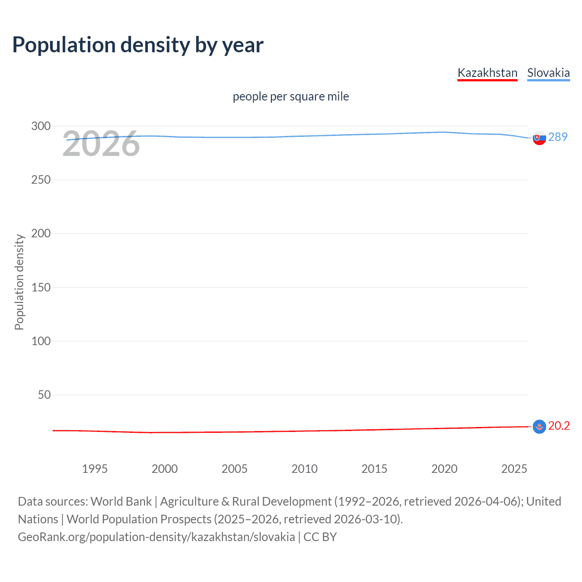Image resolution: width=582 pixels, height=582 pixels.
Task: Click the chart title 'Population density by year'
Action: pyautogui.click(x=138, y=45)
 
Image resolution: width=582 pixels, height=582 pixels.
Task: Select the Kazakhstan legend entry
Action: pyautogui.click(x=487, y=73)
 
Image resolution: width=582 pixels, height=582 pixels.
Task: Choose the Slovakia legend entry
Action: pyautogui.click(x=548, y=73)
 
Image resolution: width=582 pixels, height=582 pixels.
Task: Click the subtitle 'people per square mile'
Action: pyautogui.click(x=291, y=96)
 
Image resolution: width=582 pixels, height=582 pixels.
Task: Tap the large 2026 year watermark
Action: pyautogui.click(x=101, y=144)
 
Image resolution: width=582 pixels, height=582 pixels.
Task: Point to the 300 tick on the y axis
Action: pyautogui.click(x=41, y=126)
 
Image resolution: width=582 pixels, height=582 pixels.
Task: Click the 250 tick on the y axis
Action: pyautogui.click(x=41, y=180)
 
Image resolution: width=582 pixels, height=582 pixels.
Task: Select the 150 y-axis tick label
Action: pyautogui.click(x=41, y=287)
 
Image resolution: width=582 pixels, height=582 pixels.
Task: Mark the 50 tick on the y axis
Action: pyautogui.click(x=44, y=395)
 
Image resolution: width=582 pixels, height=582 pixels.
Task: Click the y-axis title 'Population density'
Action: pyautogui.click(x=19, y=282)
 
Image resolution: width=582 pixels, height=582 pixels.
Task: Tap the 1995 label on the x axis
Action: pyautogui.click(x=95, y=469)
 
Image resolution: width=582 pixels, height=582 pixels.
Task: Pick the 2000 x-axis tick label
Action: pyautogui.click(x=165, y=469)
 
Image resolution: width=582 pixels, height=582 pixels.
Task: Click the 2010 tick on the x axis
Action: pyautogui.click(x=304, y=469)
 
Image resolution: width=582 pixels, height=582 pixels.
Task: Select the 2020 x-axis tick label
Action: pyautogui.click(x=444, y=469)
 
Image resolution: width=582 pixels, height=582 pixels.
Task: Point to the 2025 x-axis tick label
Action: pyautogui.click(x=514, y=469)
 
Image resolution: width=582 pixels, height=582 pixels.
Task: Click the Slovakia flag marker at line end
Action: pyautogui.click(x=539, y=138)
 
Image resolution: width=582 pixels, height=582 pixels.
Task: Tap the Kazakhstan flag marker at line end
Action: pyautogui.click(x=539, y=426)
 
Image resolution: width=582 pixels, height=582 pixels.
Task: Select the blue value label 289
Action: pyautogui.click(x=558, y=137)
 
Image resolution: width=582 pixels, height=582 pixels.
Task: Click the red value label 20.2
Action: pyautogui.click(x=559, y=426)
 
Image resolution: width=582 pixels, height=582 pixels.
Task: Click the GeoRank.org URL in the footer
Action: pyautogui.click(x=156, y=537)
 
